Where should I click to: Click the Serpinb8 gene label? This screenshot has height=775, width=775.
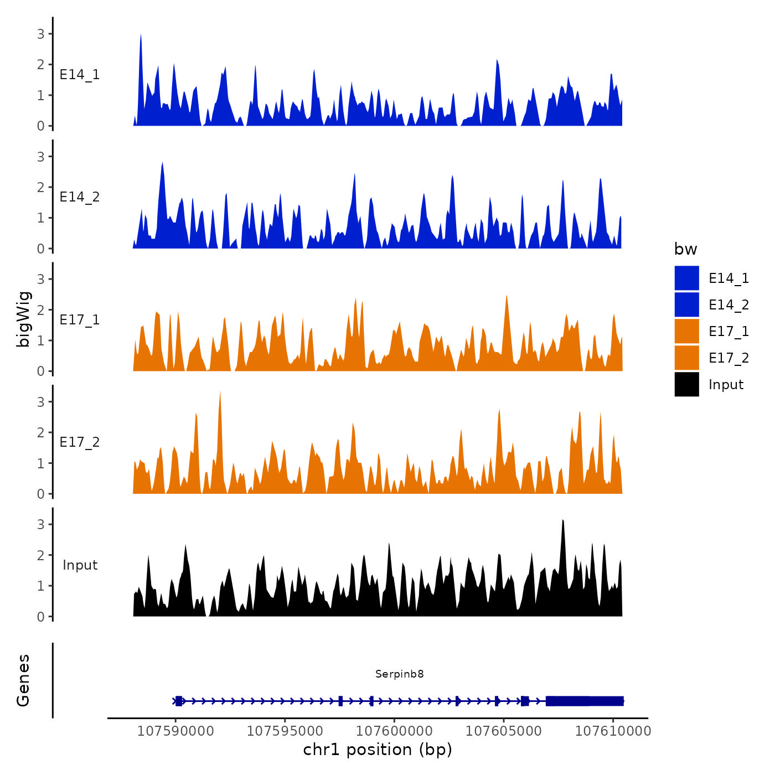(x=399, y=674)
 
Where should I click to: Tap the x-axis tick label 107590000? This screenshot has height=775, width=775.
(x=175, y=731)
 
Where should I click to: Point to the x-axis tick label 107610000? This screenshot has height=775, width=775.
(x=613, y=731)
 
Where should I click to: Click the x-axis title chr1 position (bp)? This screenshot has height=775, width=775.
(x=378, y=750)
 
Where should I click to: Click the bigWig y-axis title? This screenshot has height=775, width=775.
(x=23, y=319)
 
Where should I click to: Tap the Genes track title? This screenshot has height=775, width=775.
(x=23, y=680)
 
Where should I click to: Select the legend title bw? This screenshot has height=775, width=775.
(x=685, y=249)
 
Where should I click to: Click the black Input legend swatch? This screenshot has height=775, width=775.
(x=686, y=384)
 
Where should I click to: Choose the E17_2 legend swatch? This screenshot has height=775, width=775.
(x=686, y=358)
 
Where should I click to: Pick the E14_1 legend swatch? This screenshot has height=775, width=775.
(x=686, y=278)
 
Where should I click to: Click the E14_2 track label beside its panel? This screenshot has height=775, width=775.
(x=80, y=197)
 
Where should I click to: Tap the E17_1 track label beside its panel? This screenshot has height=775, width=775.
(x=80, y=319)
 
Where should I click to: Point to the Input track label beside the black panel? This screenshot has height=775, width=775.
(x=80, y=565)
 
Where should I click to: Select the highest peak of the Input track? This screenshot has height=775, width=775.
(x=562, y=522)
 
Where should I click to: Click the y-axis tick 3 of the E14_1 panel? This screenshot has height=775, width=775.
(x=41, y=34)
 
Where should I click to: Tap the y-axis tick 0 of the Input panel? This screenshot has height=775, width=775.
(x=41, y=616)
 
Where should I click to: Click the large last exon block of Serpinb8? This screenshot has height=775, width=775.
(x=585, y=701)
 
